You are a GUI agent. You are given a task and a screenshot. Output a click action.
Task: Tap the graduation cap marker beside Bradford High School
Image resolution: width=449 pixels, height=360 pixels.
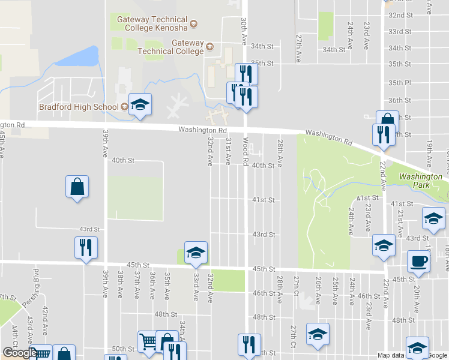140,105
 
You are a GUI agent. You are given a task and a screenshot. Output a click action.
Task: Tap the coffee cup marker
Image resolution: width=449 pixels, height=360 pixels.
419,262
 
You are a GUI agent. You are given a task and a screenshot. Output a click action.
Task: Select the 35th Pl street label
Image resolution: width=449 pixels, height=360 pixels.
399,82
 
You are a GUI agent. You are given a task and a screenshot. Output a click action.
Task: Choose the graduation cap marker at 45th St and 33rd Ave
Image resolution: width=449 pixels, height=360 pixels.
196,253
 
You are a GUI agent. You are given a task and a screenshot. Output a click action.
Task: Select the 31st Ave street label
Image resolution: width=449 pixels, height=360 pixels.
229,151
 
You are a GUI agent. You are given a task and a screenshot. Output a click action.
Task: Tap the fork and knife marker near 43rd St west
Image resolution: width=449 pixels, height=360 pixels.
86,248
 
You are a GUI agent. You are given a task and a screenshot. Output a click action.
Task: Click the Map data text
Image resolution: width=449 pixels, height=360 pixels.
390,355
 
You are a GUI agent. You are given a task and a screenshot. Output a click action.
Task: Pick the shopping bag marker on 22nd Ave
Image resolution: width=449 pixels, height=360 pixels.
387,122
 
